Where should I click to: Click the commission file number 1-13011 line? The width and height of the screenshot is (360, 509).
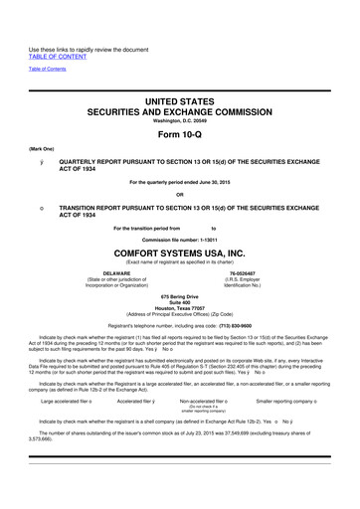(x=180, y=239)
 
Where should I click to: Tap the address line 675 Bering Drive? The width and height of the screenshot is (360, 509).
(x=179, y=296)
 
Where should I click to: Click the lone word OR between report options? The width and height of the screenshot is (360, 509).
(x=180, y=193)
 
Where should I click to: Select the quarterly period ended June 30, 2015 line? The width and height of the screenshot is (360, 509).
(x=180, y=180)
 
